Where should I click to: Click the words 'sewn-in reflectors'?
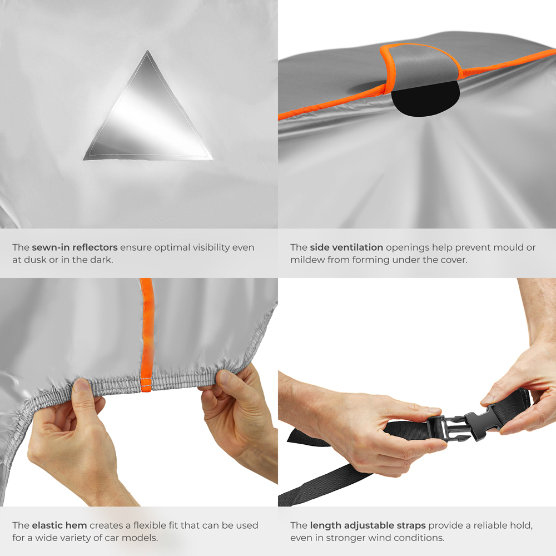[x=75, y=247]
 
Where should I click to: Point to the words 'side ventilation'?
[x=346, y=247]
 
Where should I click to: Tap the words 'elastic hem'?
[x=59, y=525]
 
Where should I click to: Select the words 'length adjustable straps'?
[x=368, y=525]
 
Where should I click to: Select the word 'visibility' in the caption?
[x=206, y=247]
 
